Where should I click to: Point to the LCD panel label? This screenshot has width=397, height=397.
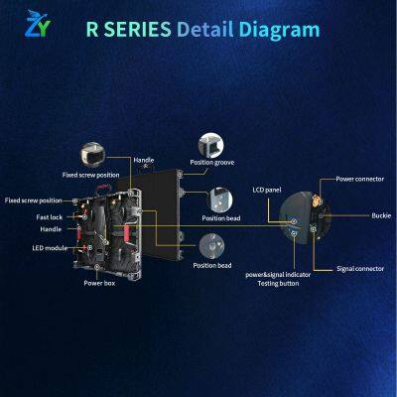(x=268, y=188)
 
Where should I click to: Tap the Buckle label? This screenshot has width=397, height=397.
(x=381, y=214)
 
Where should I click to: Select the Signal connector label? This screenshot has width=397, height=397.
(x=359, y=268)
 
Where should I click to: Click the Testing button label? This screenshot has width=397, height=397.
(x=279, y=283)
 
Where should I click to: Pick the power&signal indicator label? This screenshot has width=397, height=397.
(x=279, y=274)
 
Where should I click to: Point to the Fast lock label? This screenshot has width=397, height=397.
(x=51, y=215)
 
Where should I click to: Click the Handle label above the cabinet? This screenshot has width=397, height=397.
(x=145, y=161)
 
